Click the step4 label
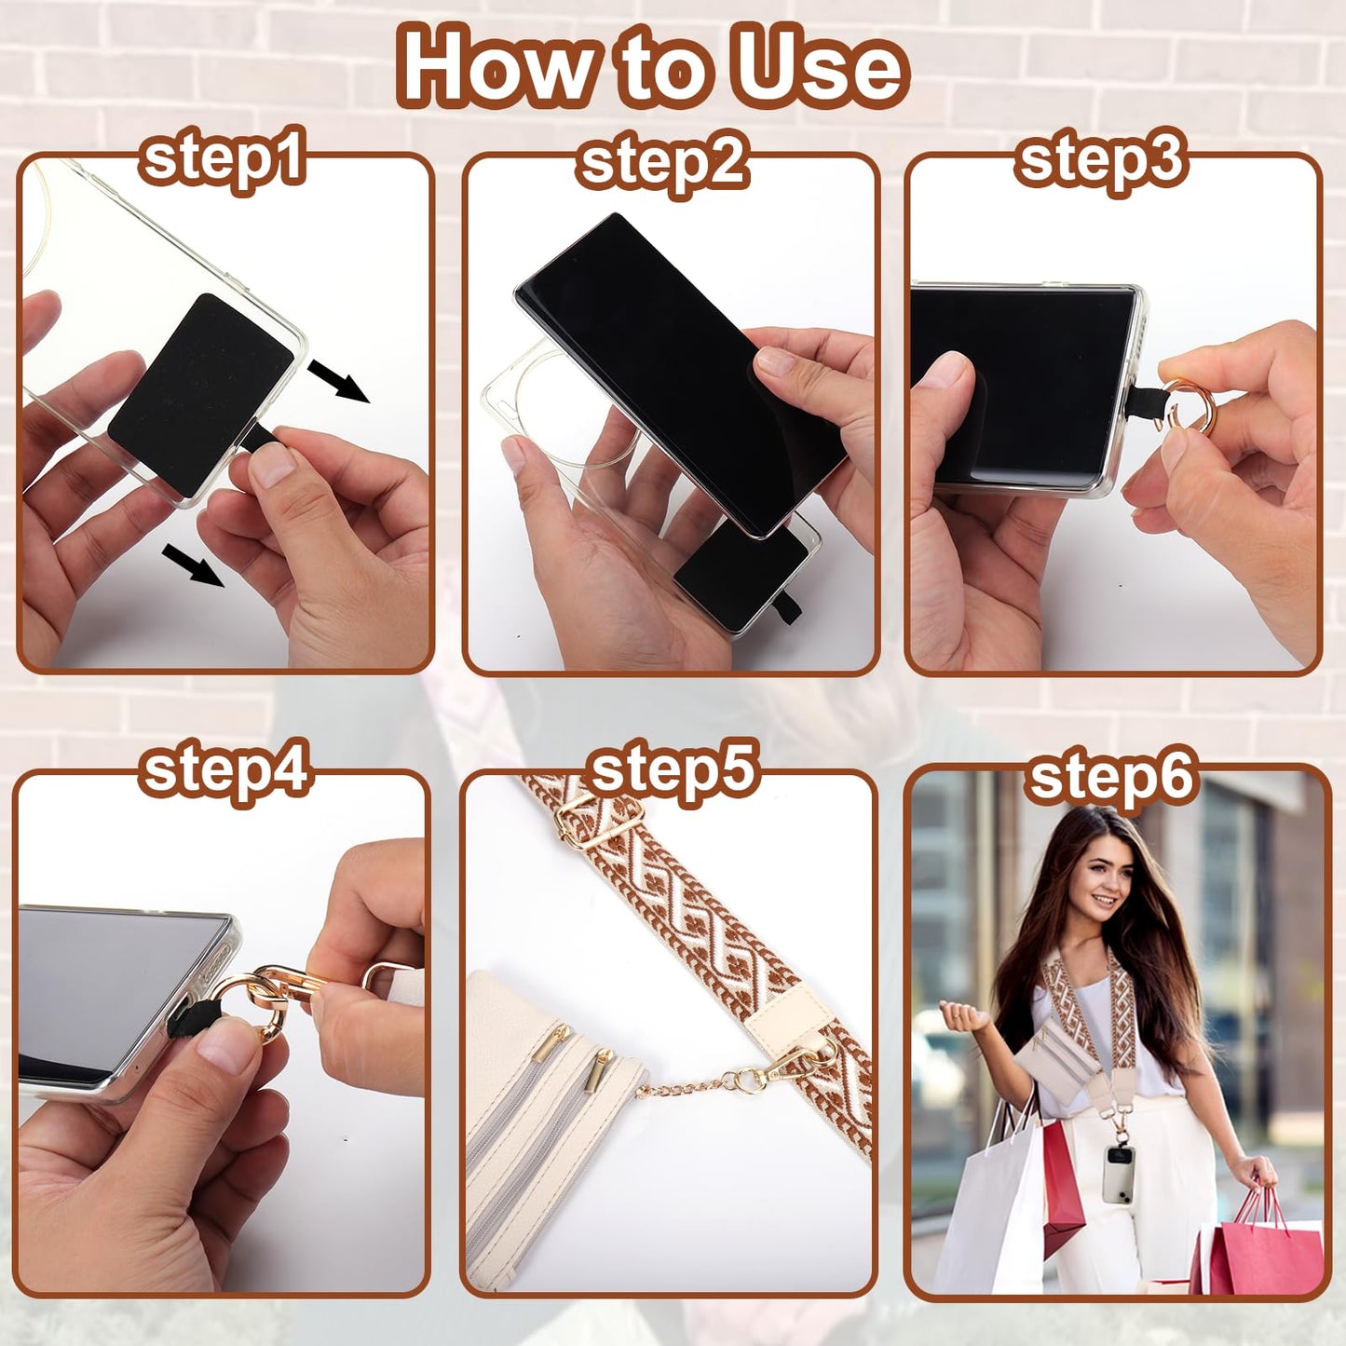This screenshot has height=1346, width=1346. coord(224,774)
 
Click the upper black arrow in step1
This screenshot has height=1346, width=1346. coord(339,381)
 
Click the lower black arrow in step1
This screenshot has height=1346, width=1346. coord(193,565)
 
